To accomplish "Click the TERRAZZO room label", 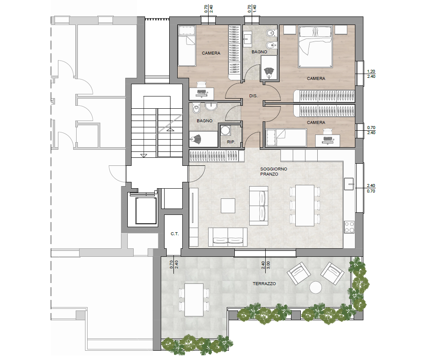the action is coord(264,284).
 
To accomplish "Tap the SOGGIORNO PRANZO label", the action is coord(273,171).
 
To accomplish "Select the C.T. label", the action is coord(174,234).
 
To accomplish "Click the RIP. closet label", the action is coord(231,142).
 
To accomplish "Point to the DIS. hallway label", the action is coord(253,96).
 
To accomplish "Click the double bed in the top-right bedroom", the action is coord(316,47).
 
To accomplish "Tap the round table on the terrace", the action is coord(316,287).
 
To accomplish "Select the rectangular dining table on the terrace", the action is coord(194,300).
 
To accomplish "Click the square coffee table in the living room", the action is coord(228,206).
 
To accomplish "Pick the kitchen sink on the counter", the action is coord(349,184).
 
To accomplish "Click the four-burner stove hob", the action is coord(349,227).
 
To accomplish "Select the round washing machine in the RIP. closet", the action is coord(225,130).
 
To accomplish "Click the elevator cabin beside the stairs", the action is coord(146,211).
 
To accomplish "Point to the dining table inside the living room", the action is coord(305,206).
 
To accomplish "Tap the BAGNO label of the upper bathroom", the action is coord(259,52).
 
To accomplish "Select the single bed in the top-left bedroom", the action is coord(187,46).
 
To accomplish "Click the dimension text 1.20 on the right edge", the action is coord(371,71).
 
